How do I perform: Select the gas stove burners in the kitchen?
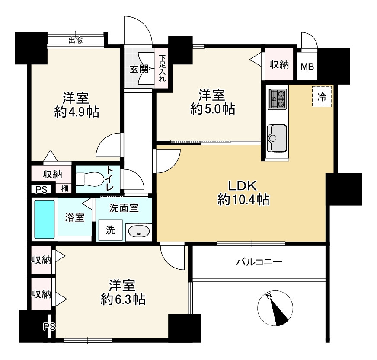[277, 99]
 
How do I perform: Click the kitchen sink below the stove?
[277, 137]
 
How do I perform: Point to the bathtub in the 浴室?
[45, 219]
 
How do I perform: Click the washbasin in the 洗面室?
[138, 232]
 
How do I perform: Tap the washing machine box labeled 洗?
[111, 230]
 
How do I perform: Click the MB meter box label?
[307, 67]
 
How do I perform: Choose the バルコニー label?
[259, 262]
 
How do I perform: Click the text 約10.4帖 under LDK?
[243, 199]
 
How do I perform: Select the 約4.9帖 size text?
[77, 112]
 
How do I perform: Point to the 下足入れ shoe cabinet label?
[162, 68]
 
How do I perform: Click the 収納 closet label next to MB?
[279, 65]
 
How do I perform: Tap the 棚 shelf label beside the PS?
[64, 188]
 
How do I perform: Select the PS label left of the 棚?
[41, 189]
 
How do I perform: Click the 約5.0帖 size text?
[212, 109]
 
